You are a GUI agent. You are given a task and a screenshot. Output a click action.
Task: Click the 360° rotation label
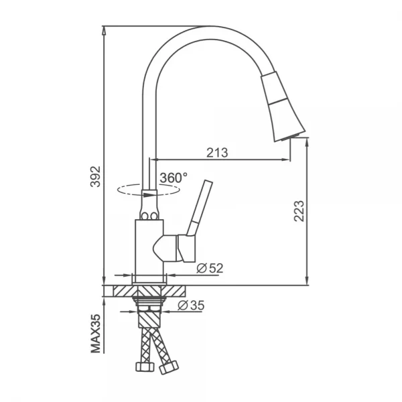coord(174,178)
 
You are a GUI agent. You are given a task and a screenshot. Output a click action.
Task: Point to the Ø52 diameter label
coord(209,269)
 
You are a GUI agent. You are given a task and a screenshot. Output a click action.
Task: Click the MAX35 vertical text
coord(95,332)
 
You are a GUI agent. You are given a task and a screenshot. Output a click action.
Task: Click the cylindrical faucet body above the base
coord(147,248)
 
